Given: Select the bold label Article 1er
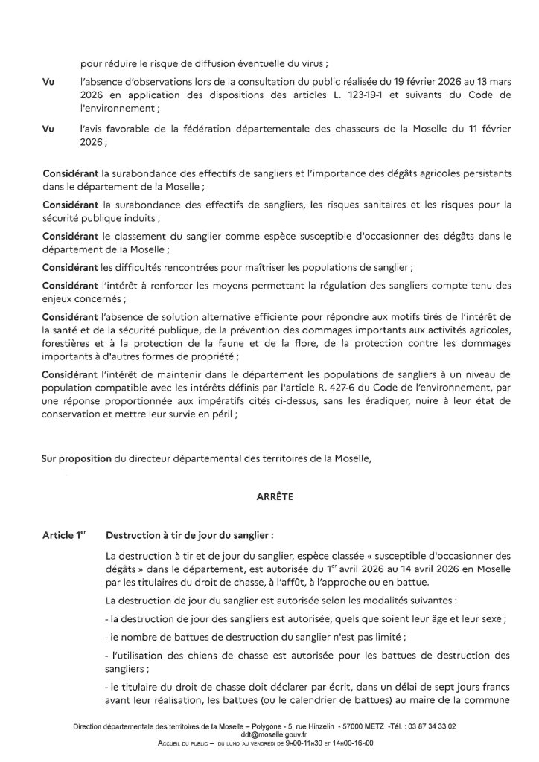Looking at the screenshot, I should (64, 534).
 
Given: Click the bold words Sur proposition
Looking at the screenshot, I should (76, 458).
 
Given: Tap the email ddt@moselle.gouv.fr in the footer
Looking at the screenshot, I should (269, 735).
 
